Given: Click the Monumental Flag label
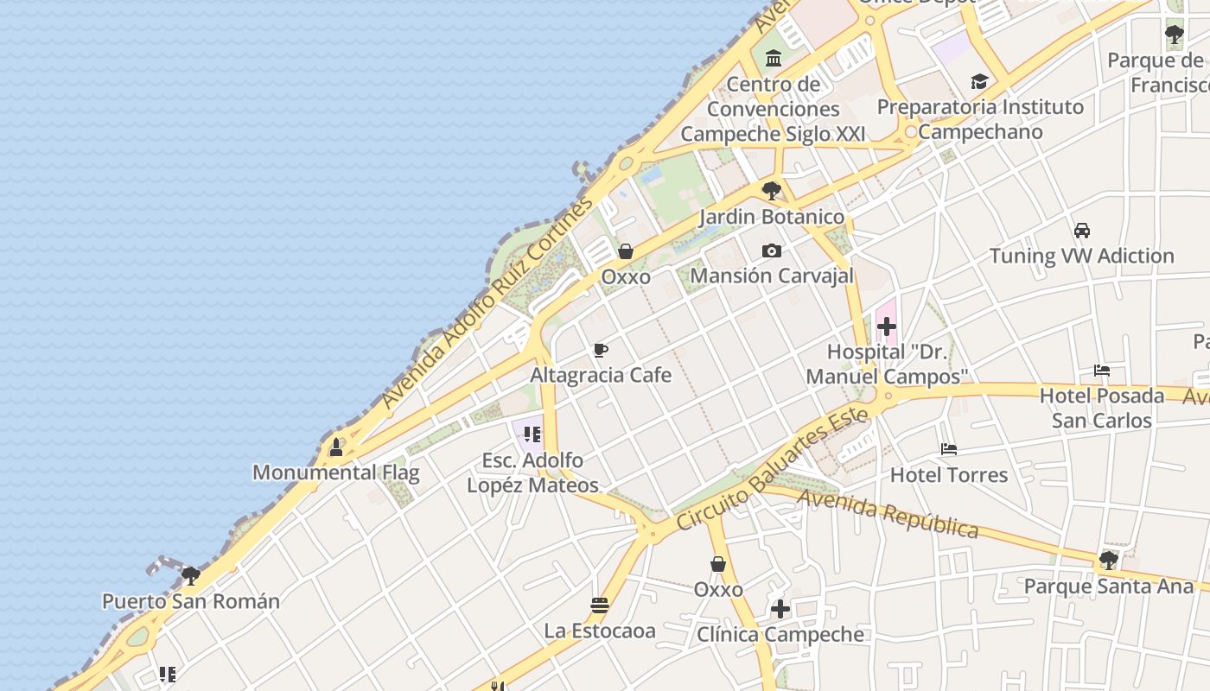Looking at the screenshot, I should pyautogui.click(x=335, y=472).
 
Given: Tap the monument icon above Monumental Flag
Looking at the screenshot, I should pyautogui.click(x=336, y=447).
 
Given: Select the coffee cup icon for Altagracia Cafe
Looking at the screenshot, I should pyautogui.click(x=601, y=350).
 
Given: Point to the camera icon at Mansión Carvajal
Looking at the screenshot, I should pyautogui.click(x=772, y=251).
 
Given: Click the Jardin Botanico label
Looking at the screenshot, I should pyautogui.click(x=772, y=216).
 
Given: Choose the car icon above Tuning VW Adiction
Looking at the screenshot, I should pyautogui.click(x=1081, y=231).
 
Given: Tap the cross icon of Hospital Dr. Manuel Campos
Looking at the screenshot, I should pyautogui.click(x=886, y=327).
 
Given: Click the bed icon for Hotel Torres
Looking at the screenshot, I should pyautogui.click(x=949, y=449).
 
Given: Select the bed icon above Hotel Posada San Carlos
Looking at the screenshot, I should pyautogui.click(x=1102, y=371).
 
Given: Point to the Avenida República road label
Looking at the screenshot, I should pyautogui.click(x=888, y=513).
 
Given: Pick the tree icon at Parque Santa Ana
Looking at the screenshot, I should pyautogui.click(x=1108, y=561).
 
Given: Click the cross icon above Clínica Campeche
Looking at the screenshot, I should pyautogui.click(x=780, y=609).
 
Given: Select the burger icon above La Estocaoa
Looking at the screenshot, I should pyautogui.click(x=600, y=605).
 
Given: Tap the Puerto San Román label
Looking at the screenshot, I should pyautogui.click(x=191, y=601).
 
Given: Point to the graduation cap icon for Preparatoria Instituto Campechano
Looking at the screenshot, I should pyautogui.click(x=979, y=82).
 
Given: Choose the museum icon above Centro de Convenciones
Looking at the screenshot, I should pyautogui.click(x=773, y=59).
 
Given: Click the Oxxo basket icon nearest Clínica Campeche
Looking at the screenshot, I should pyautogui.click(x=717, y=564).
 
